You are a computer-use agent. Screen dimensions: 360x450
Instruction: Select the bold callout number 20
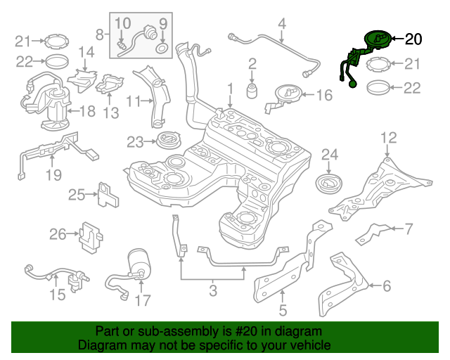click(x=415, y=39)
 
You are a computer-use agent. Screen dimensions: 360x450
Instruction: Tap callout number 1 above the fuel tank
click(x=229, y=88)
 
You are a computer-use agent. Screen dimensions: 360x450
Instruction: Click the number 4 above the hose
click(x=281, y=25)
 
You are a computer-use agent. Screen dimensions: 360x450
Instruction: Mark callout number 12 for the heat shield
click(x=388, y=136)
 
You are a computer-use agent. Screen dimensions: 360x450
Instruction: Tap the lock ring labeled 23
click(x=167, y=141)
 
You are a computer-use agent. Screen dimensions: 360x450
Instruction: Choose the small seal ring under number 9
click(x=162, y=49)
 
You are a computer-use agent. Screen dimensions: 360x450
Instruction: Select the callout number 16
click(x=324, y=95)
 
